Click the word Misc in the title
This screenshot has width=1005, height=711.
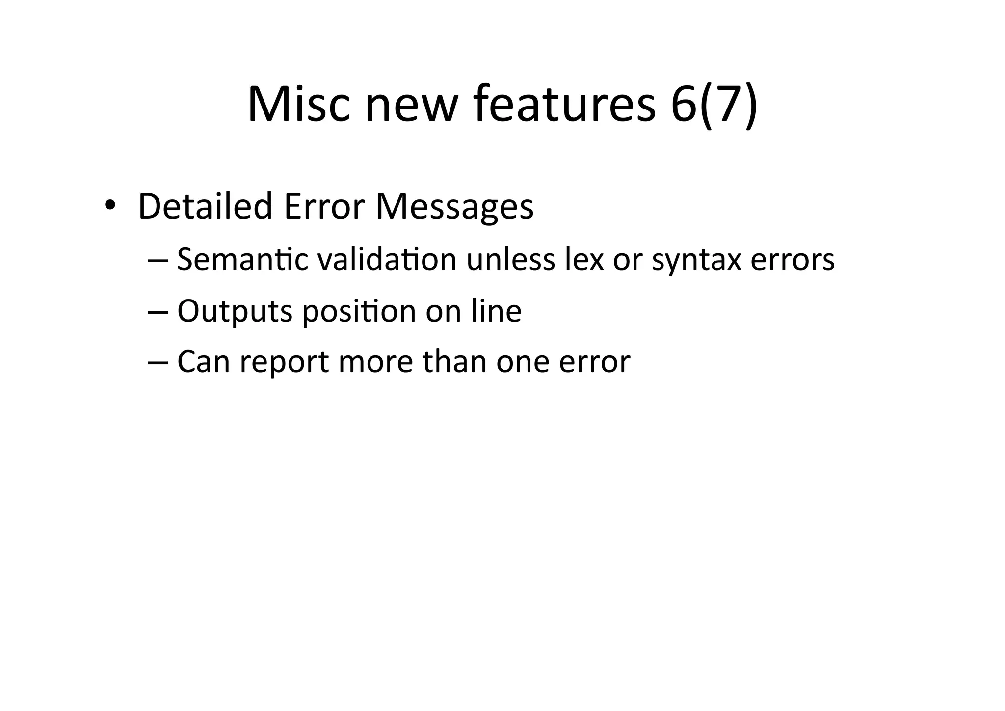coord(299,105)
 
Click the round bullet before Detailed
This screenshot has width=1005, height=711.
coord(109,205)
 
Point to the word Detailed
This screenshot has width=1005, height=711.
coord(205,206)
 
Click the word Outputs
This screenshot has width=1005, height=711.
coord(235,311)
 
